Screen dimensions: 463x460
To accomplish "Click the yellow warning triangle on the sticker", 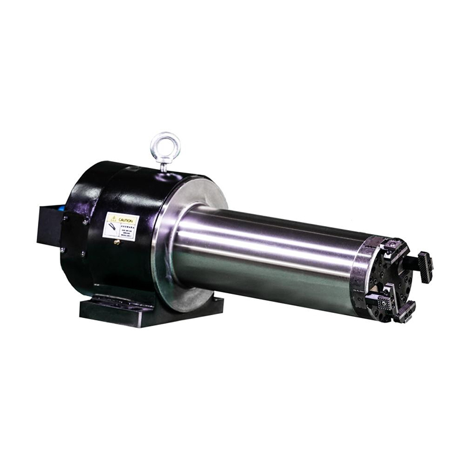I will click(114, 219).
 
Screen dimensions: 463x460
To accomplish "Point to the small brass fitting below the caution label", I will click(117, 242).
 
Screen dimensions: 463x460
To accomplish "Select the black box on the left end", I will click(48, 224).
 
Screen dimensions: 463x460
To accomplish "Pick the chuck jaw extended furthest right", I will click(425, 267).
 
